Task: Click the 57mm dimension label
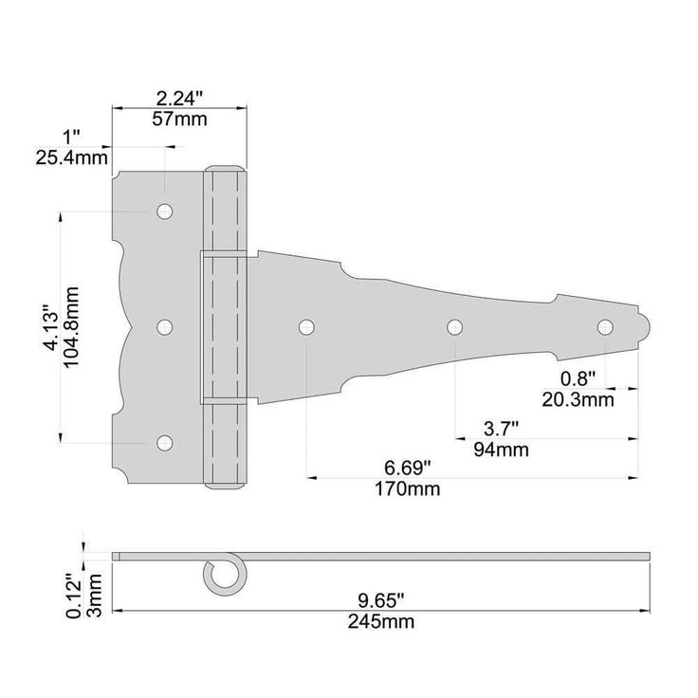coord(179,119)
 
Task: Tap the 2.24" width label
coord(179,99)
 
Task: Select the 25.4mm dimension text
coord(71,158)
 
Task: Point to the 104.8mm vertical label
coord(71,327)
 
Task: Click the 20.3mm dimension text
coord(578,400)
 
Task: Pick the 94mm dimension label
coord(502,450)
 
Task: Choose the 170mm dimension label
coord(407,489)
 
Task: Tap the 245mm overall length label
coord(381,622)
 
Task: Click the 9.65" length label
coord(381,601)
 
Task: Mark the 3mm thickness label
coord(95,596)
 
